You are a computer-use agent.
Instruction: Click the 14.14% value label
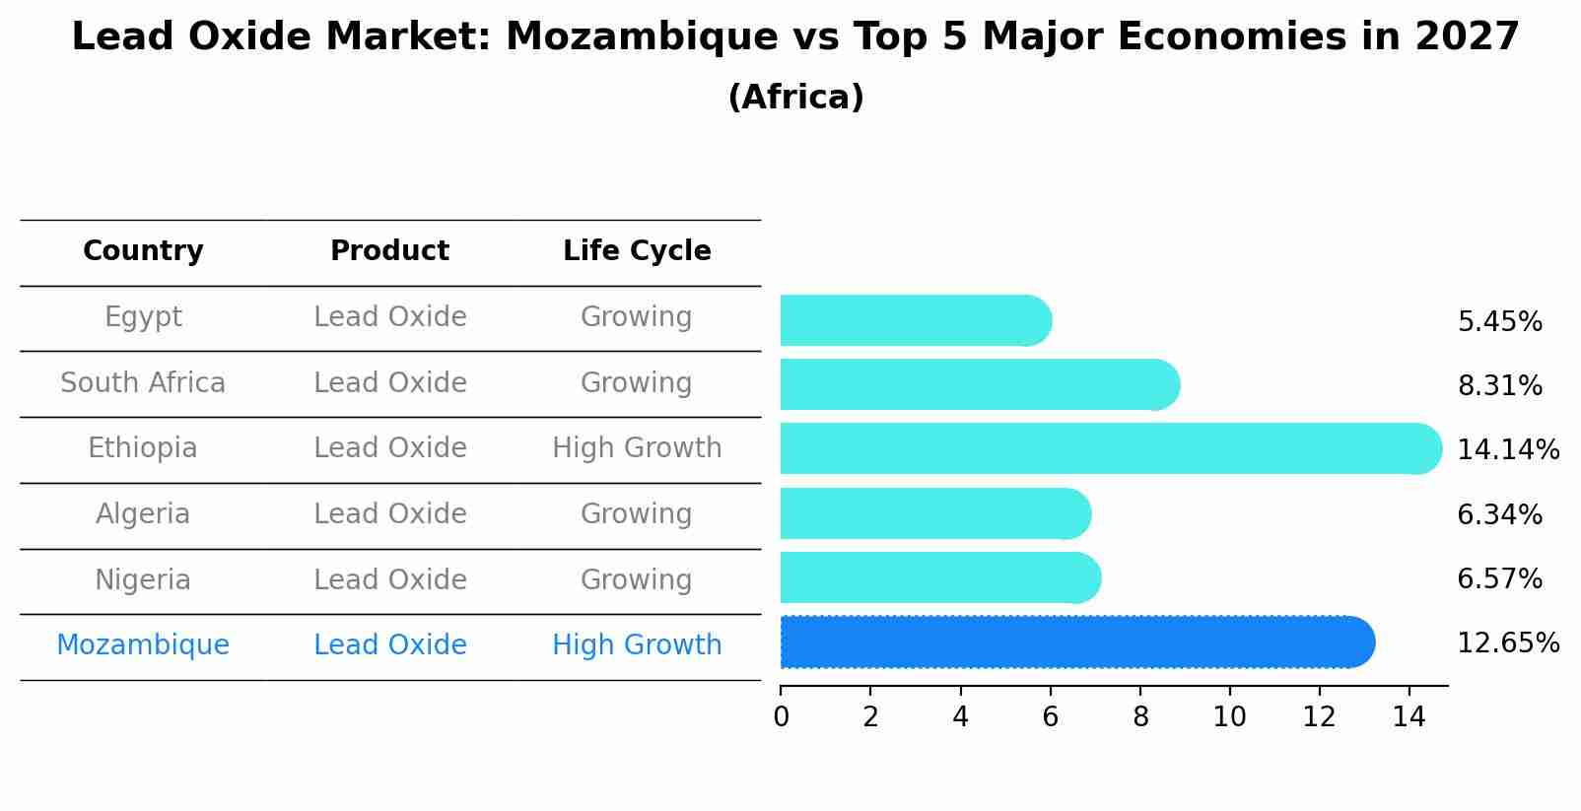[1507, 450]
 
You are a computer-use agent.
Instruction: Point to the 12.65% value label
[1507, 643]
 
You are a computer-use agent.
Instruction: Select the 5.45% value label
[1499, 322]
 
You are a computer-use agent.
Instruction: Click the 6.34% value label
[1499, 514]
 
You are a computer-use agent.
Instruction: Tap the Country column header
[143, 251]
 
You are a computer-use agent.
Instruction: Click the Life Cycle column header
[637, 251]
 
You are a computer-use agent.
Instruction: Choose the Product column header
[389, 251]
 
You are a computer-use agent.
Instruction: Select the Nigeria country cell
[143, 579]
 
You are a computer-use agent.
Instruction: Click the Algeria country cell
[143, 514]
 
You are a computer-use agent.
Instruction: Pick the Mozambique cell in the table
[143, 645]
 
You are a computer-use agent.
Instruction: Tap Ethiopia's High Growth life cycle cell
[637, 448]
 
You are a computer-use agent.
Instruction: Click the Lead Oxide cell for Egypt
[389, 317]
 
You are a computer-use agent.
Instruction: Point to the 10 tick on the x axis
[1229, 717]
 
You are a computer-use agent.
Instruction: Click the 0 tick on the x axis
[781, 717]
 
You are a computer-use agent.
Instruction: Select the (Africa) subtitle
[795, 98]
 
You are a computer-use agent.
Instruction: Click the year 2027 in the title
[1467, 37]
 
